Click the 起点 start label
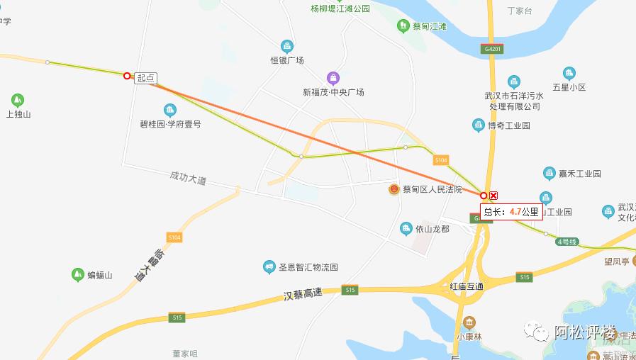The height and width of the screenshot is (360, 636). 145,79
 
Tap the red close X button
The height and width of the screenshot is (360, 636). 494,196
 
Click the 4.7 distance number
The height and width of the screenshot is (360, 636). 515,211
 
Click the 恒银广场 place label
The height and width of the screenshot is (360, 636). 287,60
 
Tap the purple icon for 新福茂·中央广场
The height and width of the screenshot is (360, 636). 333,78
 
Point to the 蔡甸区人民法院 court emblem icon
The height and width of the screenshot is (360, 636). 394,189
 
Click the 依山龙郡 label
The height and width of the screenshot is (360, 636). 433,228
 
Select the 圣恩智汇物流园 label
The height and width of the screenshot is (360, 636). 308,267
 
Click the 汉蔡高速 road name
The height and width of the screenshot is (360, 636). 303,293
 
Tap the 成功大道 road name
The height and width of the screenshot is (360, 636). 188,179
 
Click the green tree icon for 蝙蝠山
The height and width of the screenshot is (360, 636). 78,274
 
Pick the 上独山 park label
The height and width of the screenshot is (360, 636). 18,114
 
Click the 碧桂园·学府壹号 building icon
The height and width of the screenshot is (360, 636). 169,110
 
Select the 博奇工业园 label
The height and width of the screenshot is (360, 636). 509,125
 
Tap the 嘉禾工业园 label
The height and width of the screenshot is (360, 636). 581,174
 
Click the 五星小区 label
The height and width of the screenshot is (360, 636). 569,88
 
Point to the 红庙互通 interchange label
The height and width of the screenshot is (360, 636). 467,286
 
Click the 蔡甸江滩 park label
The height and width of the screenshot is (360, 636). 430,26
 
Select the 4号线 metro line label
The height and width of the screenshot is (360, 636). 567,242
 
